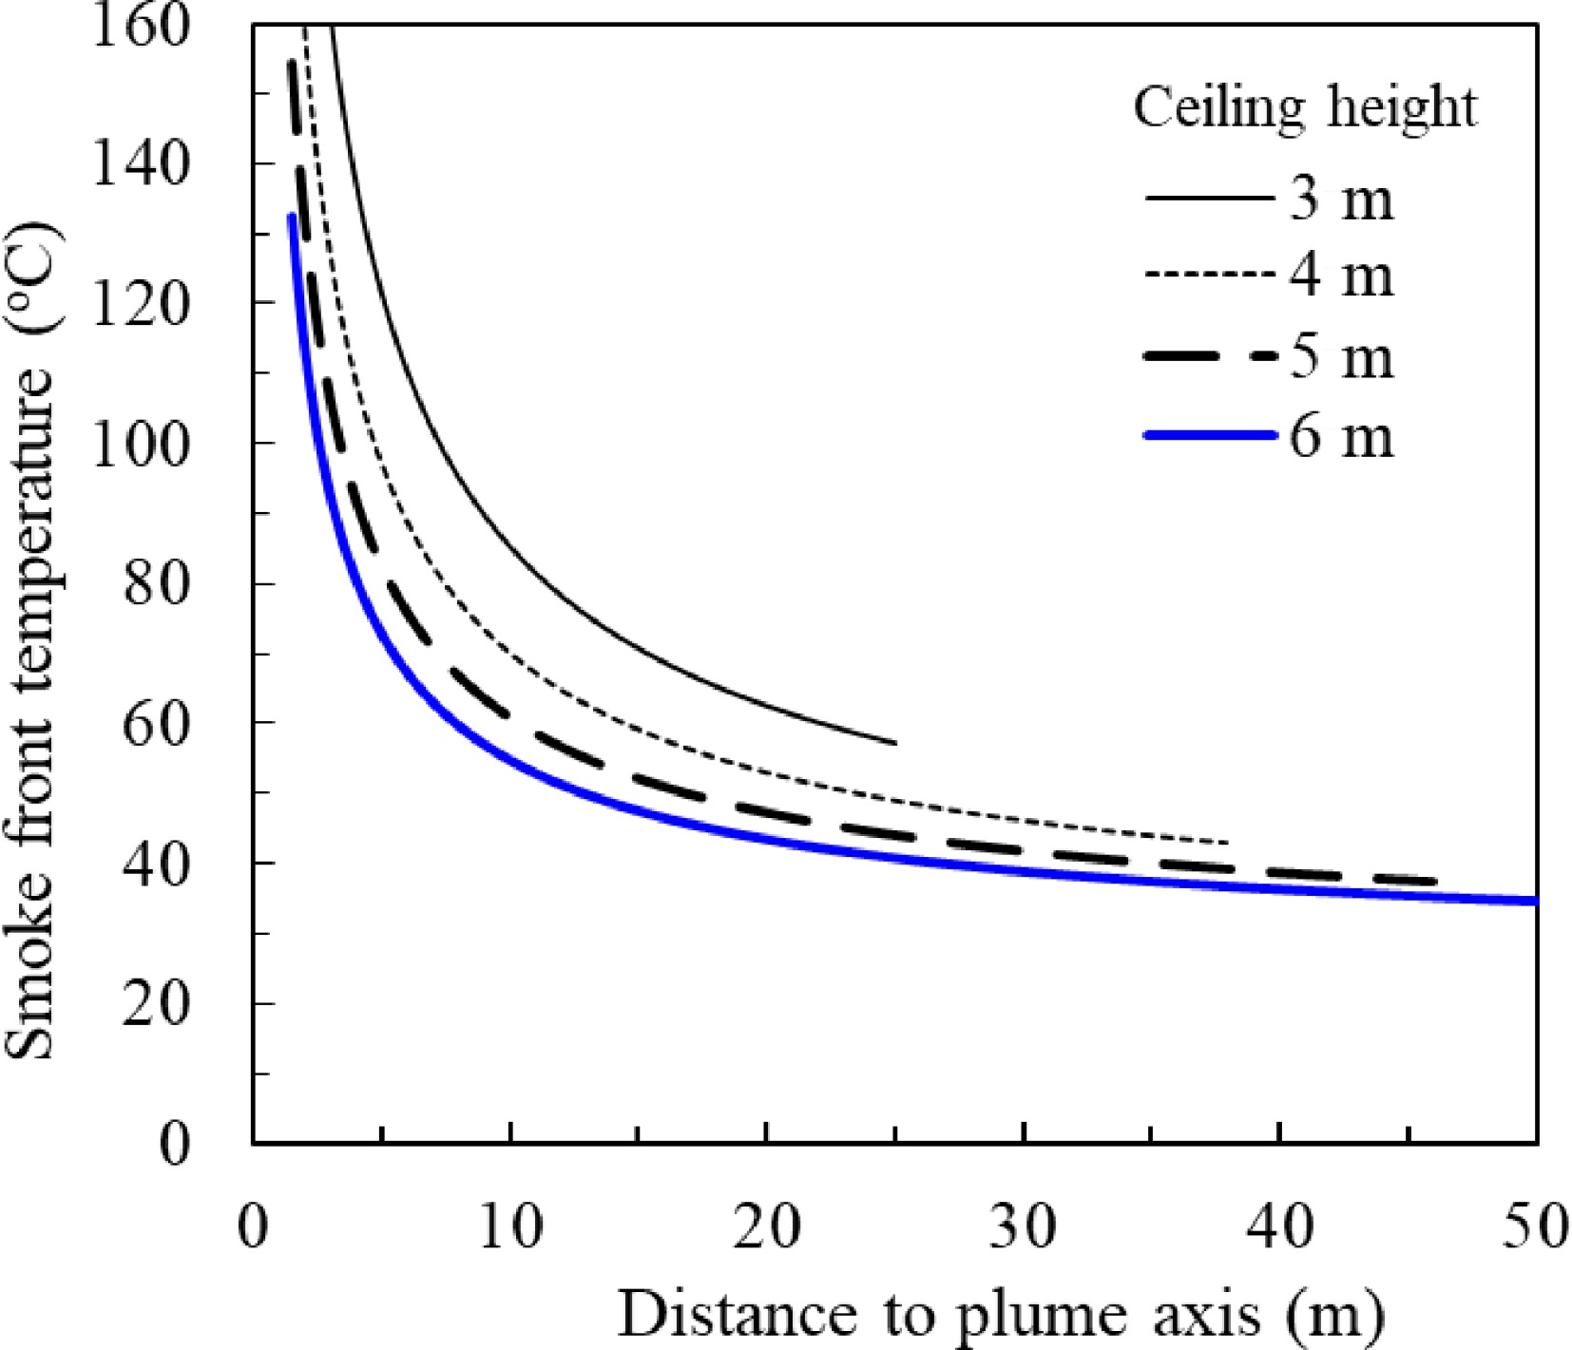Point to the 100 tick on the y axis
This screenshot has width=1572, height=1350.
coord(141,444)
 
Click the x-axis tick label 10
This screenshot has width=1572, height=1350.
coord(510,1226)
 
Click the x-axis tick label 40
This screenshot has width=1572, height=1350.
coord(1279,1226)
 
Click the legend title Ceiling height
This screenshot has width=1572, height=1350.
coord(1305,107)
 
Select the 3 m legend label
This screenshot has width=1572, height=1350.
coord(1341,200)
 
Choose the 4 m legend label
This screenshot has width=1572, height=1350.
coord(1341,276)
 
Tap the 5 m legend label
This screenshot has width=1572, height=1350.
coord(1341,358)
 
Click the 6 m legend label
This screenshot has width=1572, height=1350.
coord(1341,437)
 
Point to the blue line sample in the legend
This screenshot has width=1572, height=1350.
coord(1210,435)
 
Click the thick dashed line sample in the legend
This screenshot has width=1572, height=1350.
coord(1210,356)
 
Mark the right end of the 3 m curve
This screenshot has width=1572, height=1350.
coord(894,743)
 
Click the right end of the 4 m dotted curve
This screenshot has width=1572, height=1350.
coord(1227,843)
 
